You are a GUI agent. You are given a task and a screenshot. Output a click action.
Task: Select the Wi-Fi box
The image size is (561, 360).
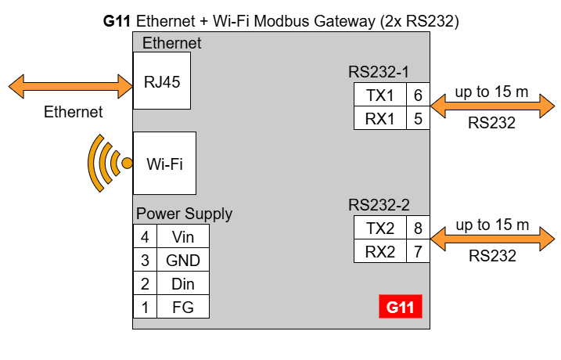[x=164, y=163]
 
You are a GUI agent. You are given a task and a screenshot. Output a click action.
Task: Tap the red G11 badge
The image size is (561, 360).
[x=400, y=307]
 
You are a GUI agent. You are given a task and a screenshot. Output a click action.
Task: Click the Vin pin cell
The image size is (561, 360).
[x=182, y=236]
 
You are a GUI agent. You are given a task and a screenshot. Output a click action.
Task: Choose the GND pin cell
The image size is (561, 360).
[x=182, y=260]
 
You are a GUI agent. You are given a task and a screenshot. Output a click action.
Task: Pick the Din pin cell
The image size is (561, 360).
[x=182, y=283]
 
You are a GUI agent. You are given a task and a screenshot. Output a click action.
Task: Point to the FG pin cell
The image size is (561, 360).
[x=182, y=307]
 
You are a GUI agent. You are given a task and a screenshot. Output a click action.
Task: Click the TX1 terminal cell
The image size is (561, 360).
[x=380, y=95]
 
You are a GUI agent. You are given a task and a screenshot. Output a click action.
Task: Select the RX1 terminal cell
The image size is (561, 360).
[x=380, y=119]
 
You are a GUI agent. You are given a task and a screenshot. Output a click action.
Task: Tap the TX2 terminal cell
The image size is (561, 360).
[x=380, y=229]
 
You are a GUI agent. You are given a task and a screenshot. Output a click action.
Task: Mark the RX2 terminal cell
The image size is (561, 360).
[x=380, y=252]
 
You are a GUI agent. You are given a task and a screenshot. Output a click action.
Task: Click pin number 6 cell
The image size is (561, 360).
[x=418, y=95]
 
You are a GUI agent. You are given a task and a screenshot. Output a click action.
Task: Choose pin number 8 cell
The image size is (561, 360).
[x=418, y=229]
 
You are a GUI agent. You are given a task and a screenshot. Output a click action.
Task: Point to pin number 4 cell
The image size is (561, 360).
[x=144, y=236]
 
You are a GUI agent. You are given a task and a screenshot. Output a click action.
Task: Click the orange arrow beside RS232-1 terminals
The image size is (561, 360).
[x=491, y=107]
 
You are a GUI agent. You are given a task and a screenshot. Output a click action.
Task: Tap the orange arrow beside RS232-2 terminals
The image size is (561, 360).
[x=491, y=240]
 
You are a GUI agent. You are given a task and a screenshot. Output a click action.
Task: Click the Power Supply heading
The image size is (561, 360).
[x=184, y=214]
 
